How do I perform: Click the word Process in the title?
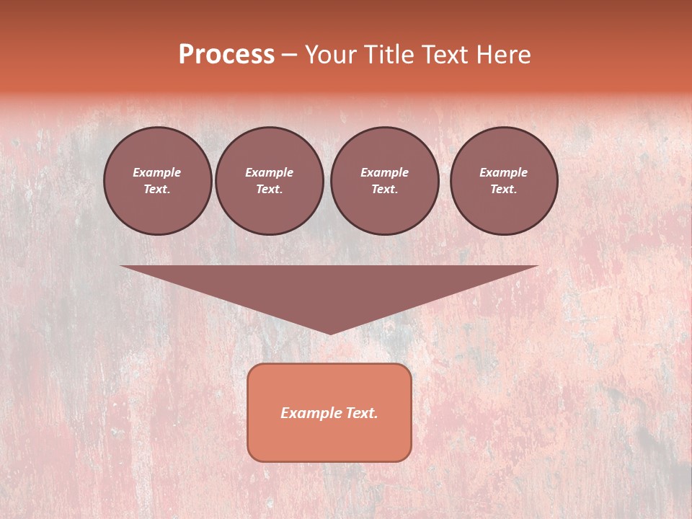pos(226,55)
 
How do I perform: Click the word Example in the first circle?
pos(157,172)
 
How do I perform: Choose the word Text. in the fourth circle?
pos(504,189)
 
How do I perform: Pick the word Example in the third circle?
pos(384,172)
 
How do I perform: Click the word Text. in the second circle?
pos(269,189)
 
